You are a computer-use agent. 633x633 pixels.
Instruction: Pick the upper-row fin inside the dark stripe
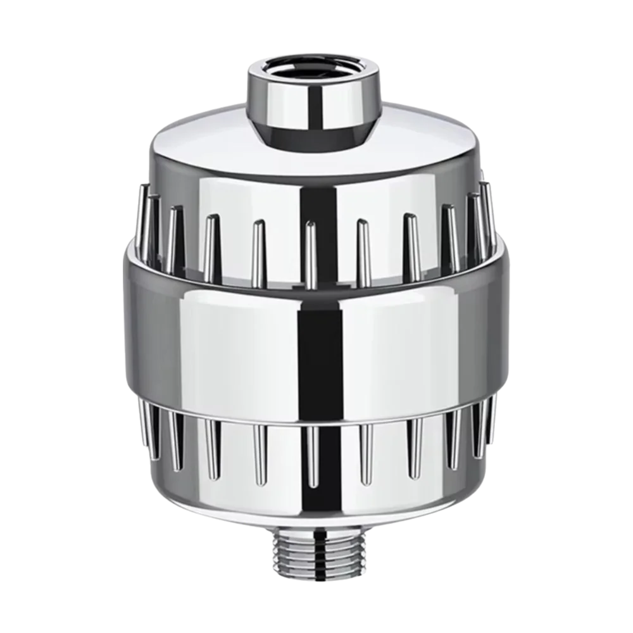[x=310, y=253]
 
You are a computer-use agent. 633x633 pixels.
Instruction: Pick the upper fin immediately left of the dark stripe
[x=258, y=253]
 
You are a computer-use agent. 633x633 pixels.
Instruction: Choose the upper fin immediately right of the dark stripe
[x=363, y=253]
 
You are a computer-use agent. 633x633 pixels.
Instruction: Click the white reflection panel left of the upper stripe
[x=241, y=190]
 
